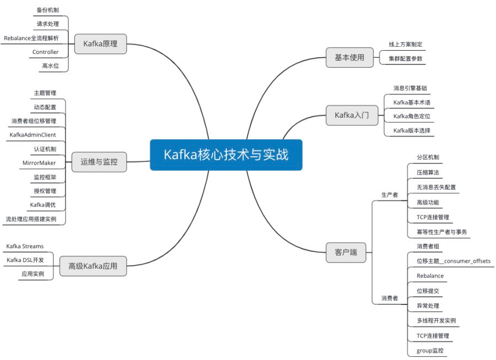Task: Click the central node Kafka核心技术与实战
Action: tap(226, 155)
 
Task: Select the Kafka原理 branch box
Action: tap(100, 44)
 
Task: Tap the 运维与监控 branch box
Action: tap(99, 162)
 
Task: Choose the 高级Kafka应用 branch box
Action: tap(92, 266)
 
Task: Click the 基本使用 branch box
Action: tap(350, 57)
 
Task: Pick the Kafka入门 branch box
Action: tap(352, 115)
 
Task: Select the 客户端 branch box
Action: tap(346, 252)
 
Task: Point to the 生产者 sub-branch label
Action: tap(390, 195)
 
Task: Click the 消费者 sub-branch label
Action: tap(390, 298)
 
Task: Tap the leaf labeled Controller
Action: tap(45, 52)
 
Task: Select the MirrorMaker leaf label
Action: tap(39, 163)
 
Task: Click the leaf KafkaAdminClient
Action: tap(32, 134)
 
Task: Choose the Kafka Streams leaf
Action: tap(25, 246)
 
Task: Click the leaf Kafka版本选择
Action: tap(412, 130)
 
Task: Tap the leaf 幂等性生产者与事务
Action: tap(442, 232)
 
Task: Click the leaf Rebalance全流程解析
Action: tap(31, 38)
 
